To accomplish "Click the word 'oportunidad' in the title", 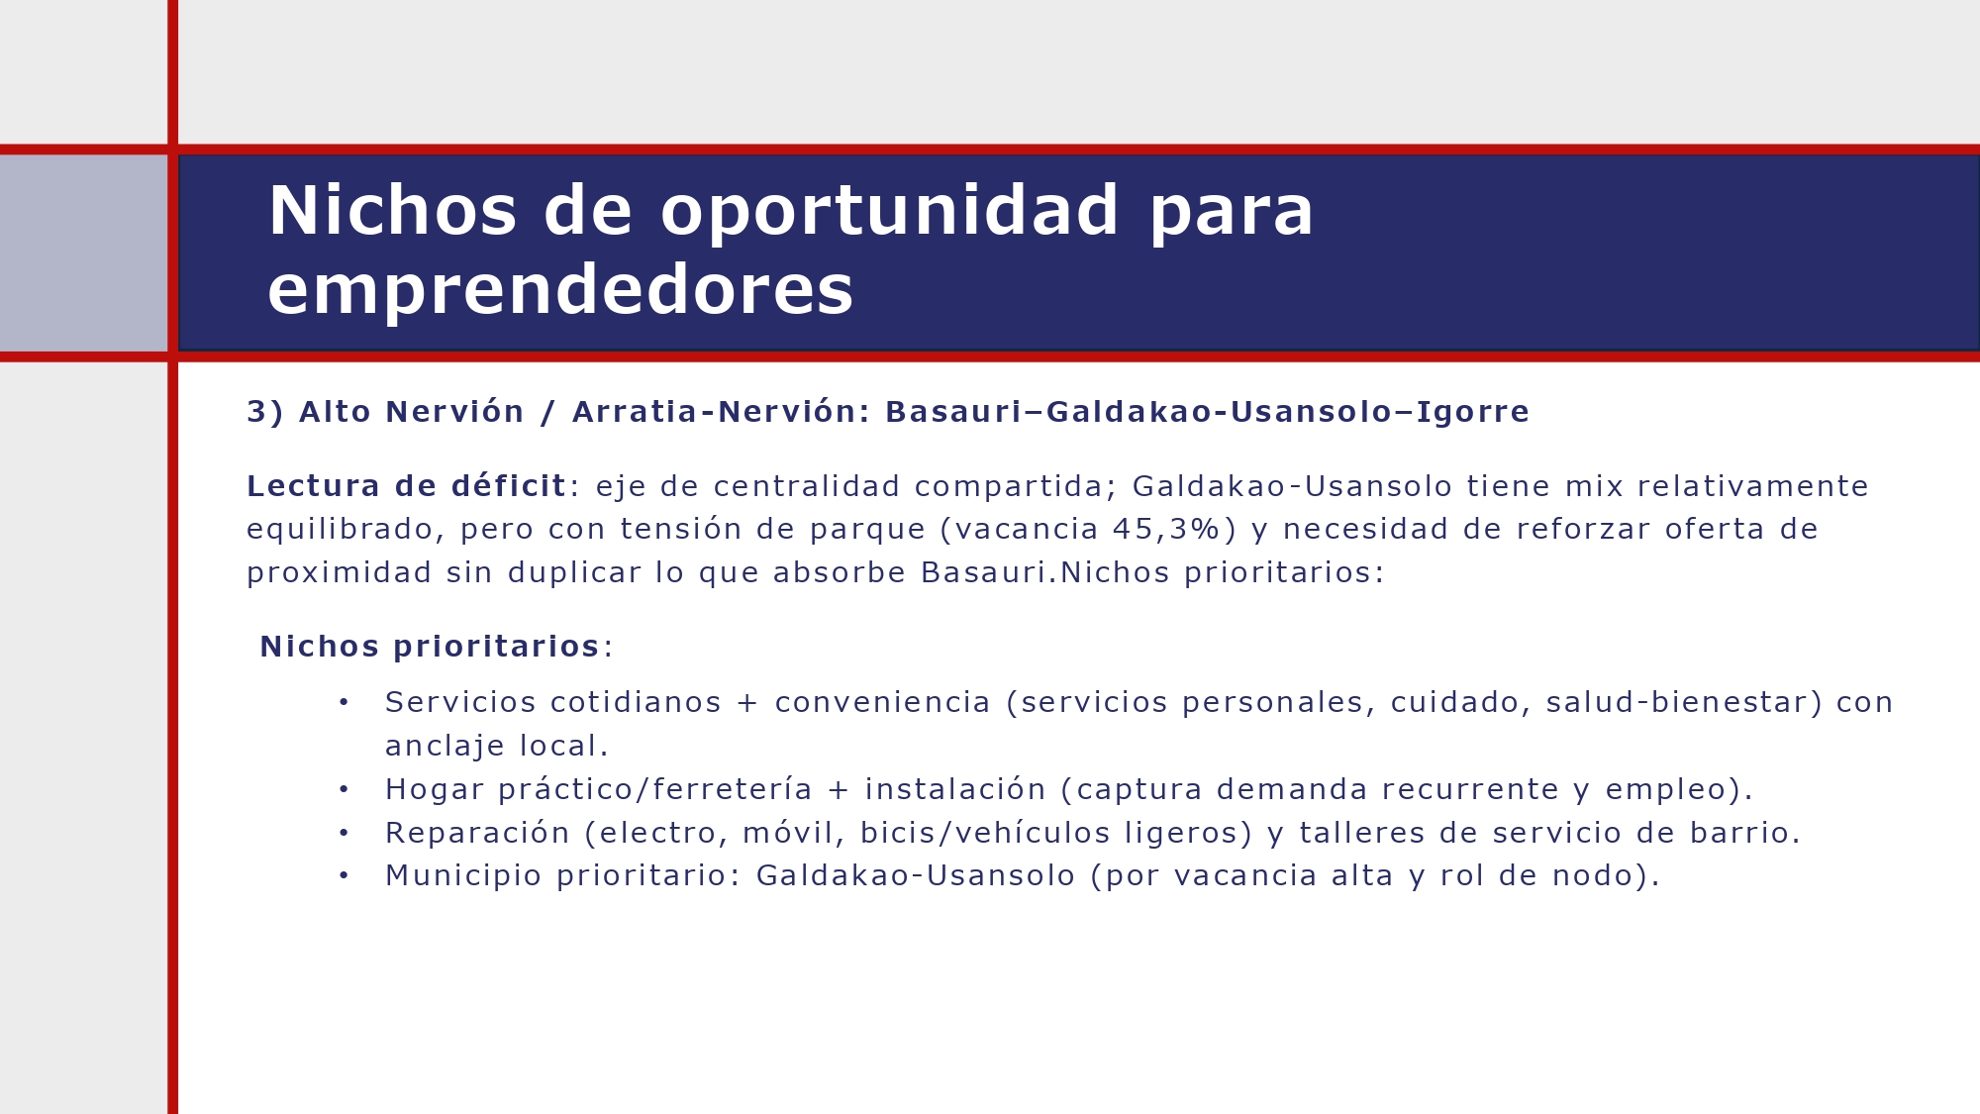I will tap(889, 212).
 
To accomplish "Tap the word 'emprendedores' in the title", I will tap(560, 290).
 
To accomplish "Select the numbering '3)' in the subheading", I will tap(264, 412).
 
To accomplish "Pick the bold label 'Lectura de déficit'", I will tap(406, 487).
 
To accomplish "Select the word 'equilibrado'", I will tap(340, 530).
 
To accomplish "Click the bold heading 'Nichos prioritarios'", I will tap(430, 648).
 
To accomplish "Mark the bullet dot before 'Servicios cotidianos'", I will tap(344, 703).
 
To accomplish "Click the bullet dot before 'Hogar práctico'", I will tap(344, 790).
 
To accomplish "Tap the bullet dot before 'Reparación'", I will tap(344, 834).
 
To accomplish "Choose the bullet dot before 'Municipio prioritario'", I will tap(344, 876).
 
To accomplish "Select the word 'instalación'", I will tap(955, 790).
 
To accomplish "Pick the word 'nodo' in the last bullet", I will tap(1590, 876).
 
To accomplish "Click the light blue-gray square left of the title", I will tap(83, 253).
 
